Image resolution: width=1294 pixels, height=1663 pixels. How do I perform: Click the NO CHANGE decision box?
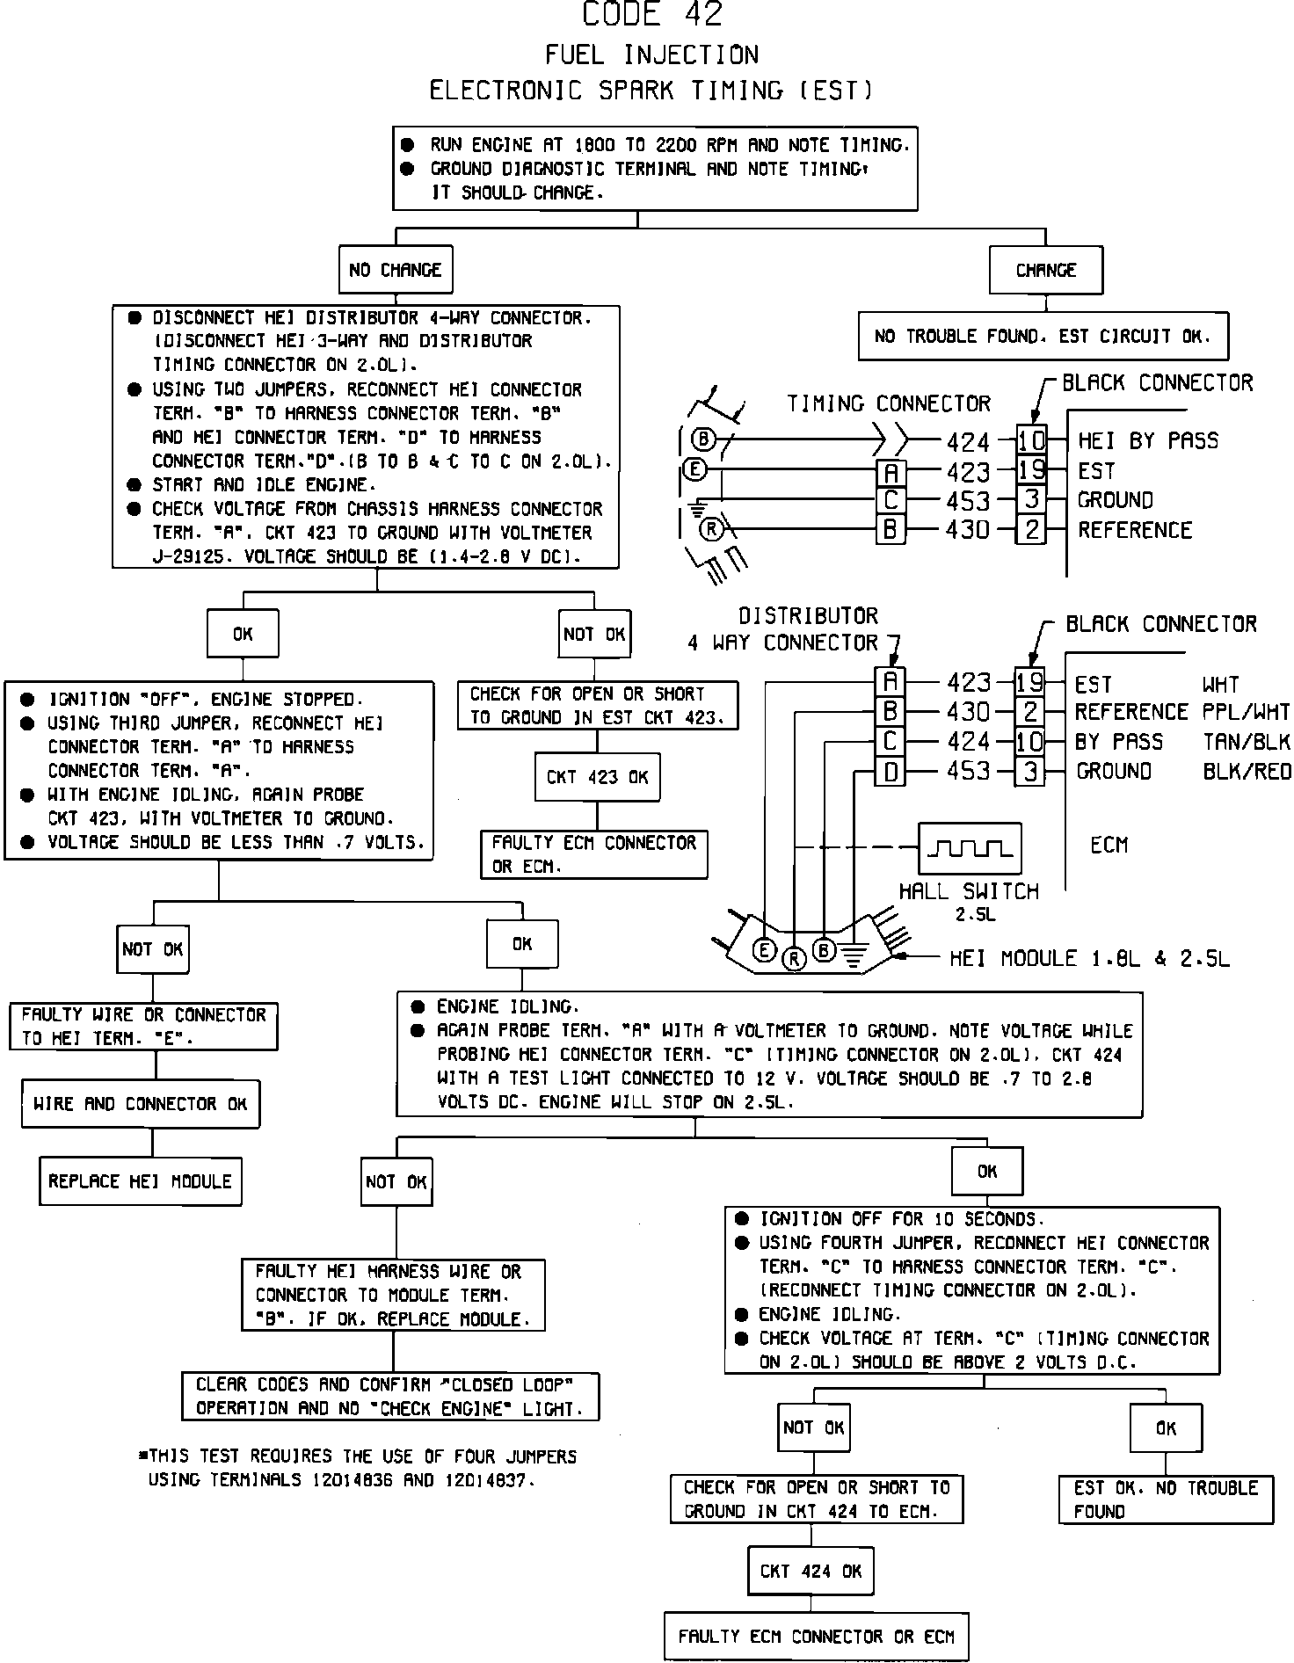396,270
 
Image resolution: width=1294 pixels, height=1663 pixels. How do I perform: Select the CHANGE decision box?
1045,270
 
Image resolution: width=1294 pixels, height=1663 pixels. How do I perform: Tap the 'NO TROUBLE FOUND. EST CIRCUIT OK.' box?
1043,336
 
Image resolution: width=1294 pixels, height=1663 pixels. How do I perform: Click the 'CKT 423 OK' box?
597,777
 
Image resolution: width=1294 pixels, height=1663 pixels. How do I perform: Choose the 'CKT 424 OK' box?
811,1571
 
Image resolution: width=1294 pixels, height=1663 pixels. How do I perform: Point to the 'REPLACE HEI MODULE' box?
141,1181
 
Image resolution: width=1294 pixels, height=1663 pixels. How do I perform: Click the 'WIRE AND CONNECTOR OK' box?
141,1104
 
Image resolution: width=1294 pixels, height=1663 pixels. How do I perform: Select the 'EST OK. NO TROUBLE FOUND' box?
1166,1499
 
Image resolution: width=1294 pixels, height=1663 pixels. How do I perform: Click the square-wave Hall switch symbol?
970,848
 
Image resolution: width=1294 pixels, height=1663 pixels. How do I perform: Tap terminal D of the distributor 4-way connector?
890,772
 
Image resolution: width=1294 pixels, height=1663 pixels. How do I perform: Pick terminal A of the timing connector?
891,473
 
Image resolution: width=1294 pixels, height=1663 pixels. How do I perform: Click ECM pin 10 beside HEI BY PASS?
1031,439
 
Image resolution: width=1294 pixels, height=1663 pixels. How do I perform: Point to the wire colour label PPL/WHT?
1246,712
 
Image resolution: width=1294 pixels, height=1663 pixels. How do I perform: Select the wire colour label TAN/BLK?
1246,742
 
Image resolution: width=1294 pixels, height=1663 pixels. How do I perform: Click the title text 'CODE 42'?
652,15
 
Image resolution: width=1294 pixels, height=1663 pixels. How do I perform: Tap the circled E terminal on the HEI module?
765,949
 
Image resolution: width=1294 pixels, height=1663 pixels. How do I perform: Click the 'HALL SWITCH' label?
969,891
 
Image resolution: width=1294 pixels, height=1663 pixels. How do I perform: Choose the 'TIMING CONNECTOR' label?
888,403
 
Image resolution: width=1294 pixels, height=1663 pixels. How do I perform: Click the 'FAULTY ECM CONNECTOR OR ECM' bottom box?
816,1636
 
